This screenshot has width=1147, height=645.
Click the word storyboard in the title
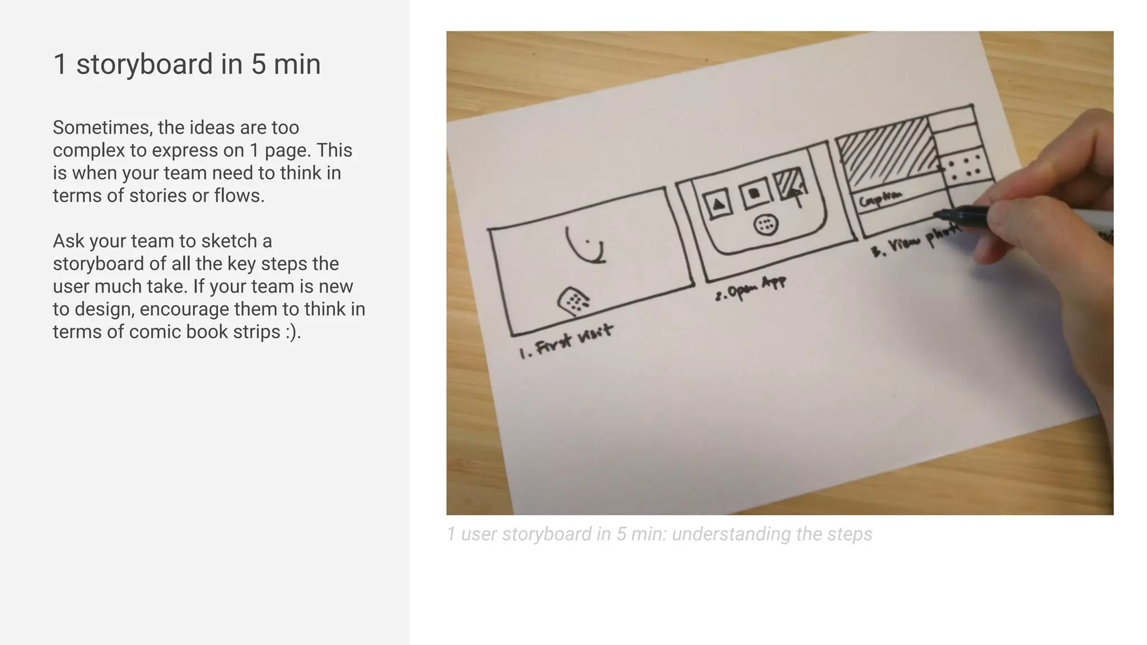pyautogui.click(x=144, y=64)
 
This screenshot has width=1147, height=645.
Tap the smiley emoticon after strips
pyautogui.click(x=292, y=332)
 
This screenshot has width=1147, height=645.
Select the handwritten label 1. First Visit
pyautogui.click(x=566, y=342)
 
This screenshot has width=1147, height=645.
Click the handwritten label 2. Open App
pyautogui.click(x=750, y=288)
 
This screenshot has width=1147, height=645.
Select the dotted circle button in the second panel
pyautogui.click(x=766, y=226)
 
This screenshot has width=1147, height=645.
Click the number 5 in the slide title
pyautogui.click(x=258, y=64)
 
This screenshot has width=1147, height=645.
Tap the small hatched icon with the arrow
pyautogui.click(x=790, y=185)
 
